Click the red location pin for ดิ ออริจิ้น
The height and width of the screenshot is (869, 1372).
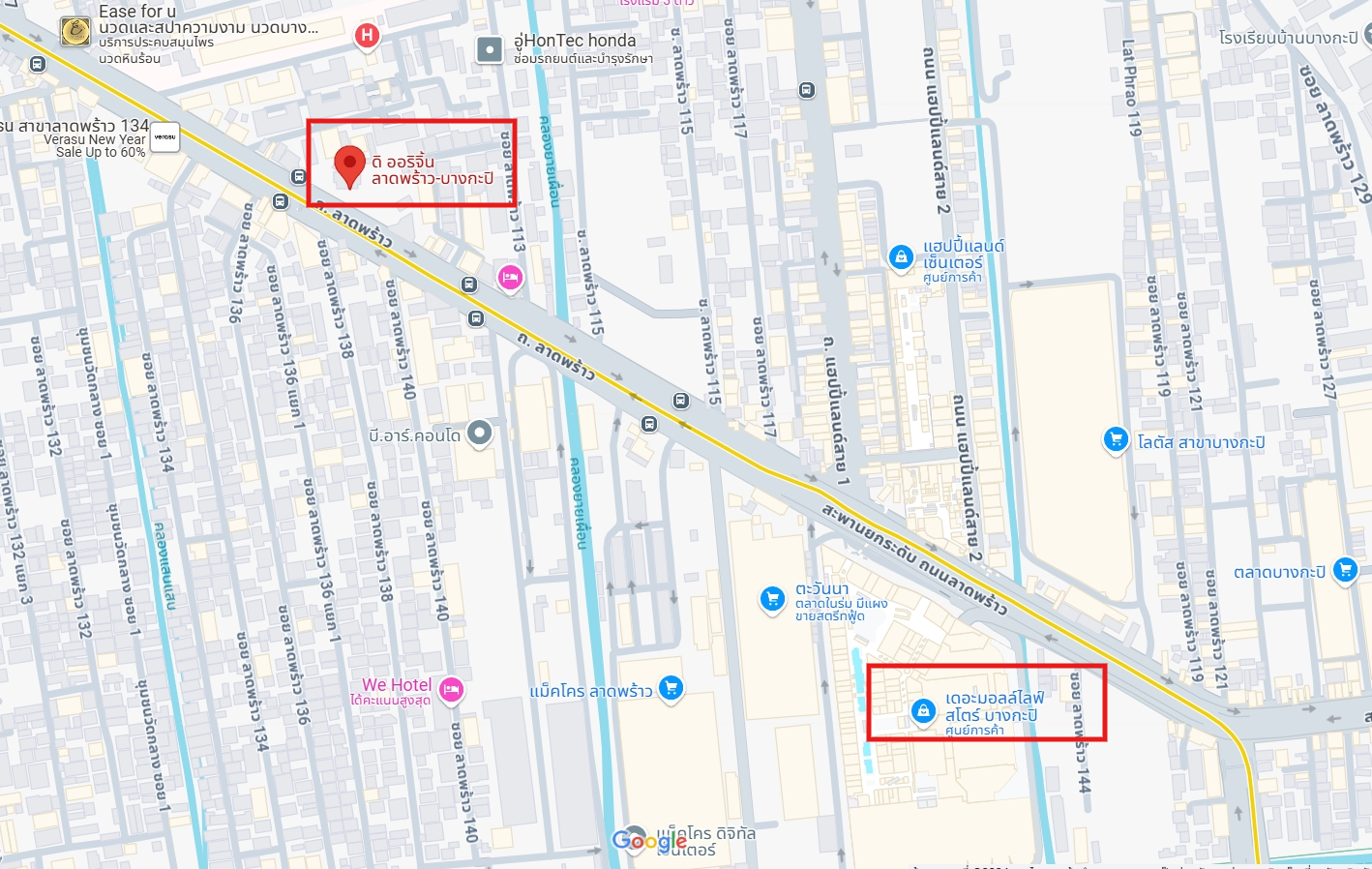(349, 165)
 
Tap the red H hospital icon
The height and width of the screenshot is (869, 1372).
(367, 36)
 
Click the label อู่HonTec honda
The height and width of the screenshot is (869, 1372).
(575, 41)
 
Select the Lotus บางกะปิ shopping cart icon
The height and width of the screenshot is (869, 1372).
(1116, 439)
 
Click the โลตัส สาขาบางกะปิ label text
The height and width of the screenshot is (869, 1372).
(1201, 442)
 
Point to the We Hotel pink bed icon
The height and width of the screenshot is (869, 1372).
(451, 689)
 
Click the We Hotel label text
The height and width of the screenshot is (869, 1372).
(397, 685)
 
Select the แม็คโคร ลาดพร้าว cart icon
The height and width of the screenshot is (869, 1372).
(671, 688)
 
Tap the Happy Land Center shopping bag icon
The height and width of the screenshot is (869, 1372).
(901, 256)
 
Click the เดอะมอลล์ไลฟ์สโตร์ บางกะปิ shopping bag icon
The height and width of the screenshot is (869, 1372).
(923, 711)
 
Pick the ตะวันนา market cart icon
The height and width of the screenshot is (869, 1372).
(772, 598)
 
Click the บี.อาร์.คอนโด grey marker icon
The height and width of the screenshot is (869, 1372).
(480, 433)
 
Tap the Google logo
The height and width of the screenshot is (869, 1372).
(648, 840)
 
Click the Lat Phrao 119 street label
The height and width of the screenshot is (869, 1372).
(1131, 87)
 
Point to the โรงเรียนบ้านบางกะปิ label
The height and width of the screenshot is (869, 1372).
(1288, 38)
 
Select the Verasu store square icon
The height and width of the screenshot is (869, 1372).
(165, 137)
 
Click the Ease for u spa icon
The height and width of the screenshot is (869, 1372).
(75, 31)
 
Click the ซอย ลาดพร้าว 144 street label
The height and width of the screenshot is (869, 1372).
(1080, 731)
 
